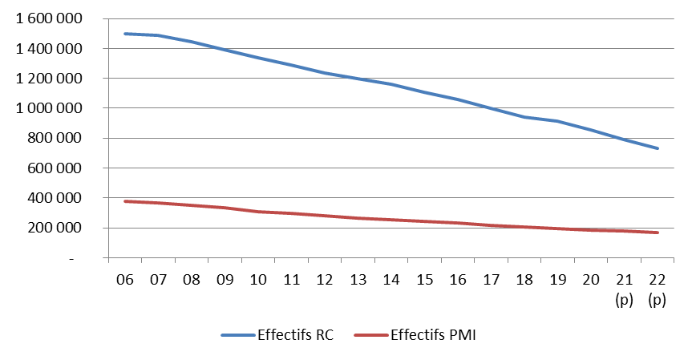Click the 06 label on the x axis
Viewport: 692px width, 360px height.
tap(124, 280)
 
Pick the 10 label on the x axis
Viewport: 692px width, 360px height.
tap(258, 280)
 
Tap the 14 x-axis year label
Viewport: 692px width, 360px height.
tap(391, 280)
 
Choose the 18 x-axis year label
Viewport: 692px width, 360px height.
tap(524, 280)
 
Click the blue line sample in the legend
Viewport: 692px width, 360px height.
tap(237, 335)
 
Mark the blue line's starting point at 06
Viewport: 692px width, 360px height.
tap(124, 34)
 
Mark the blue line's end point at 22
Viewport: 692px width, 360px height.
tap(658, 148)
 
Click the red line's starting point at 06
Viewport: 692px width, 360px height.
tap(124, 201)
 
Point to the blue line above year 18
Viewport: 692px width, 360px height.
tap(524, 117)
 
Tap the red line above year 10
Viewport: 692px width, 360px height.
tap(258, 212)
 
